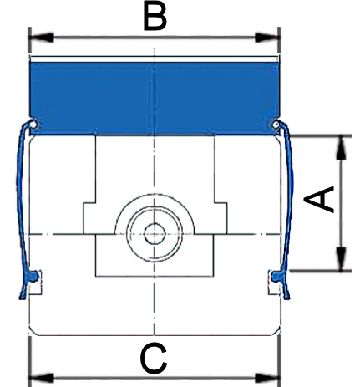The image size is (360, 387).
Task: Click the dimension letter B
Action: tap(155, 17)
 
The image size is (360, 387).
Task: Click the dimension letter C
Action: tap(154, 359)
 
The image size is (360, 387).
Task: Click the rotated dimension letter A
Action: tap(319, 200)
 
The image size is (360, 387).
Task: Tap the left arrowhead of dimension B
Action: tap(41, 38)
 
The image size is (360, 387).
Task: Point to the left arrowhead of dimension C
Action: tap(41, 378)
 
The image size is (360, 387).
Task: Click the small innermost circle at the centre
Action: tap(155, 234)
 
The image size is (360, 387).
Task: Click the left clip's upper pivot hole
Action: tap(33, 125)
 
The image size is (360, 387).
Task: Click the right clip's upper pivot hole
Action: tap(276, 125)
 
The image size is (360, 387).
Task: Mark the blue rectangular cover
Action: tap(155, 99)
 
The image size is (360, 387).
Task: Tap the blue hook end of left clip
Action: tap(33, 276)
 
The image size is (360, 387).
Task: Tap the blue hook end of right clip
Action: tap(276, 276)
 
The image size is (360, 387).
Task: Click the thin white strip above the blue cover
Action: tap(155, 59)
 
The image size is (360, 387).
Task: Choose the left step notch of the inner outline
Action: tap(89, 203)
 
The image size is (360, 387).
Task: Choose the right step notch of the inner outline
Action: tap(221, 203)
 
